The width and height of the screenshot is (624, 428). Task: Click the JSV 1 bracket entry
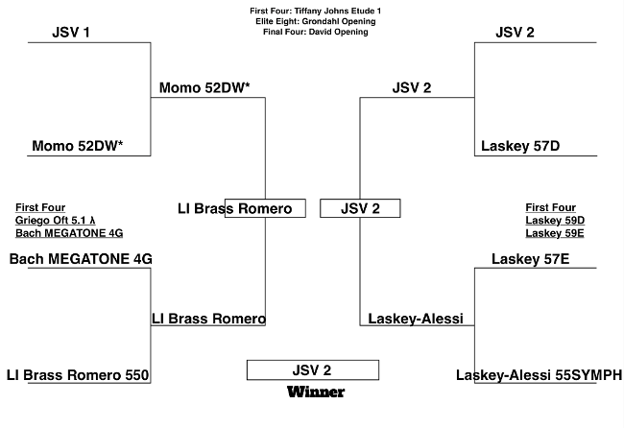tap(71, 33)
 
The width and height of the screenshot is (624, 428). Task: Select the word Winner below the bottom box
tap(316, 392)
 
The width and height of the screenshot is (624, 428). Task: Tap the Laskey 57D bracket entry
tap(520, 146)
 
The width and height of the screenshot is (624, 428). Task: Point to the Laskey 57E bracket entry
tap(530, 259)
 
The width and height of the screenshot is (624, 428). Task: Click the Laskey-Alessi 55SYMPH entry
tap(539, 375)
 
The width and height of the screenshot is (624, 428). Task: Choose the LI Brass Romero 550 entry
tap(78, 375)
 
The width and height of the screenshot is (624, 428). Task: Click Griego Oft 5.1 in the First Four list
tap(56, 221)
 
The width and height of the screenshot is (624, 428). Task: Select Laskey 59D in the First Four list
tap(555, 221)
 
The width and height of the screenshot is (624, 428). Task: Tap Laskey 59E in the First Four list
tap(554, 233)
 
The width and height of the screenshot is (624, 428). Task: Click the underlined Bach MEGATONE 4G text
tap(69, 233)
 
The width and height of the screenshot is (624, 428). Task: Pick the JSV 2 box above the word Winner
tap(312, 369)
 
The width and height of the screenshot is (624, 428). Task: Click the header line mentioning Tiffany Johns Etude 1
tap(315, 12)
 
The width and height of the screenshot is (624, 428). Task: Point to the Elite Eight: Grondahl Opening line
tap(315, 21)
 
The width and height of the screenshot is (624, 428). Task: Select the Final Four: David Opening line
tap(315, 32)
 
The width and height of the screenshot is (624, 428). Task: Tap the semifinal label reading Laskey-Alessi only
tap(416, 319)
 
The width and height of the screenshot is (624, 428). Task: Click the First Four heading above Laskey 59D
tap(550, 207)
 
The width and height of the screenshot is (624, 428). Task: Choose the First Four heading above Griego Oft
tap(40, 207)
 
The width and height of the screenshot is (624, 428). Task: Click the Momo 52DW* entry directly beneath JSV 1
tap(77, 146)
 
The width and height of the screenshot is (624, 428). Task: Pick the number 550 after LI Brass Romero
tap(137, 375)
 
